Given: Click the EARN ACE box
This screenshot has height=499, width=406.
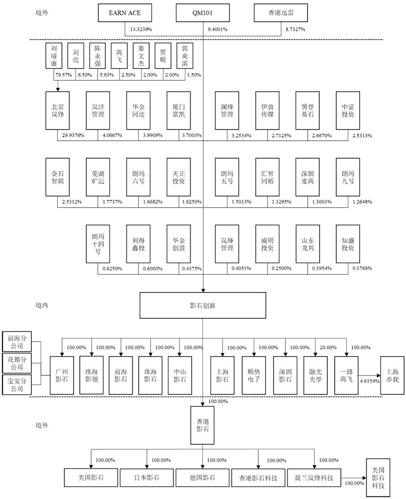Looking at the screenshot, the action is tap(125, 13).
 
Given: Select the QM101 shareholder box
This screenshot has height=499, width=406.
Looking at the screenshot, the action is tap(203, 13).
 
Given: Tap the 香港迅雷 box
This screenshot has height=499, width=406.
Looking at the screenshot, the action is tap(281, 13).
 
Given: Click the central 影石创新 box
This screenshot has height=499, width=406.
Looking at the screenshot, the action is tap(203, 305).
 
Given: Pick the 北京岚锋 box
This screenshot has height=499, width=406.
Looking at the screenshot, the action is tap(58, 111).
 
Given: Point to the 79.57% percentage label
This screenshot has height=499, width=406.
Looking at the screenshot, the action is tap(64, 75).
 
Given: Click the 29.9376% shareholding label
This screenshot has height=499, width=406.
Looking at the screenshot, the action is tap(73, 135).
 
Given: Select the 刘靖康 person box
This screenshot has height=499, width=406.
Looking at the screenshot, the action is tap(54, 56).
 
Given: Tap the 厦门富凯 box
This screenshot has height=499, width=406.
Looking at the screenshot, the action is tap(179, 111).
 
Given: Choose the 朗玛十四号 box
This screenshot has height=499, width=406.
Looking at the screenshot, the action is tap(98, 244).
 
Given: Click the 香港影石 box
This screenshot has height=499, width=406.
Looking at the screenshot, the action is tap(202, 425).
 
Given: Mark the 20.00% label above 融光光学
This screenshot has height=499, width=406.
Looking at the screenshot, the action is tap(328, 347).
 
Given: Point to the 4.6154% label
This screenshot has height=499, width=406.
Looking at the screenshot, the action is tap(369, 381).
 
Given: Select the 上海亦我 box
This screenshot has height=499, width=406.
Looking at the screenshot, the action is tap(392, 375).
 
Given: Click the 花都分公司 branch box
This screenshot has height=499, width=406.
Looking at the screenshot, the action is tap(17, 363).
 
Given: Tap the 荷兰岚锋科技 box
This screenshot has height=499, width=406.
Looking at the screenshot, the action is tap(314, 478).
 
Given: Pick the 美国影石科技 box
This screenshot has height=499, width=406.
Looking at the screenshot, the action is tap(378, 478).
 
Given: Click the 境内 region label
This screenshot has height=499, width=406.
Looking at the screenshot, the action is tap(42, 305).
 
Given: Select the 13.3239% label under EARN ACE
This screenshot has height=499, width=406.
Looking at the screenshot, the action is tap(141, 29).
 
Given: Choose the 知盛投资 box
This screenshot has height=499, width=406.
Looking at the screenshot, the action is tap(348, 244).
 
